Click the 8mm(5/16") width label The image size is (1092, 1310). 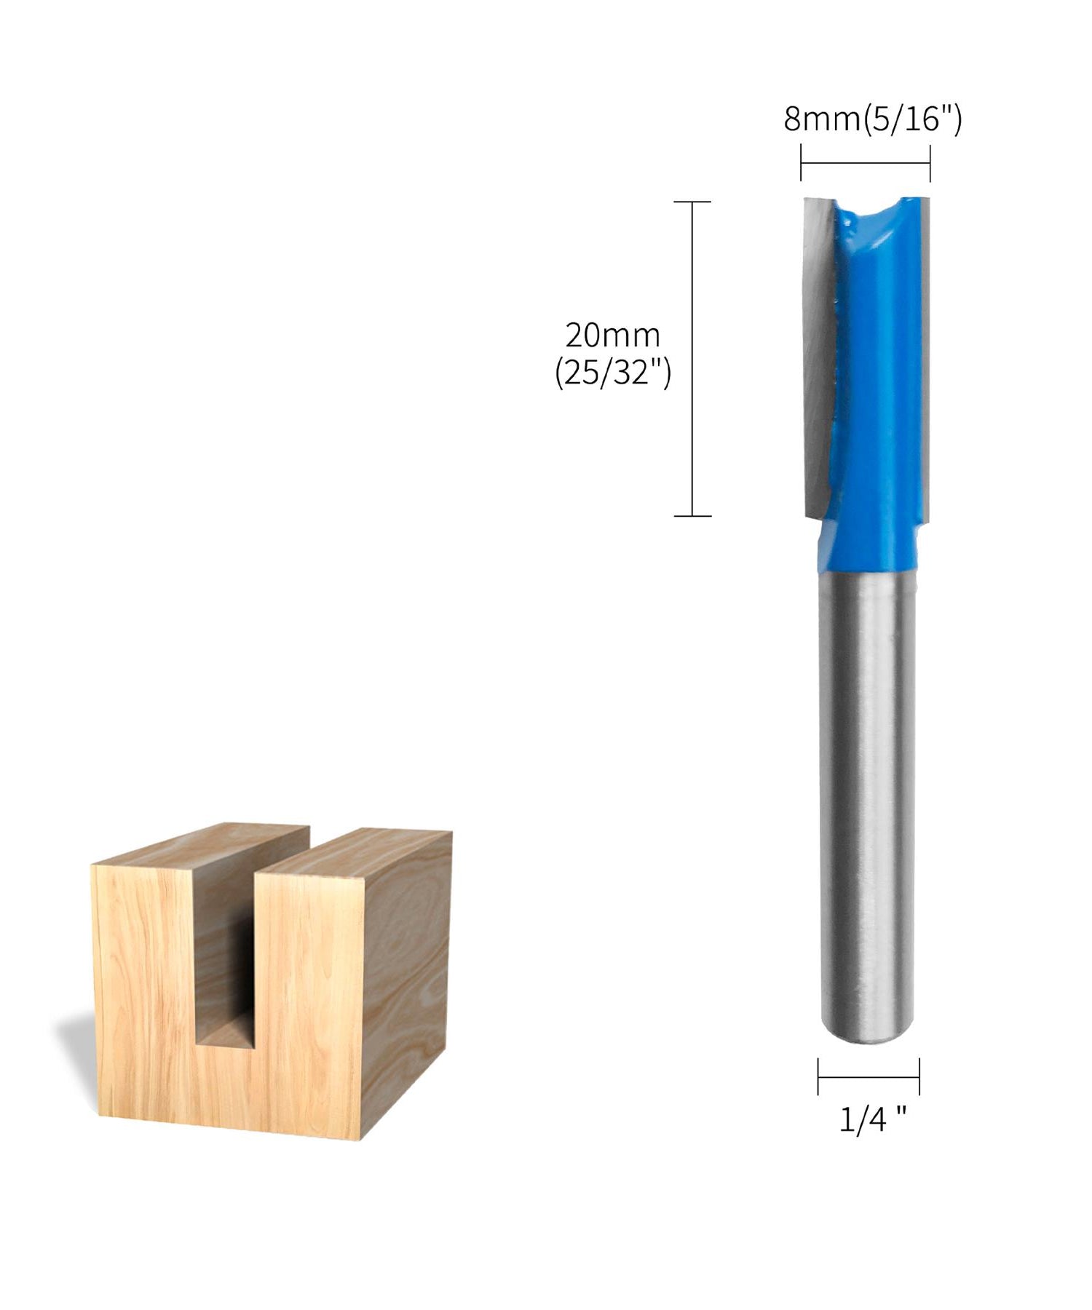(872, 119)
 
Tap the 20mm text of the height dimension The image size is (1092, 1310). (612, 336)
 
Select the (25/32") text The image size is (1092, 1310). (612, 373)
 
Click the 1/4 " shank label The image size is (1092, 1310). (872, 1119)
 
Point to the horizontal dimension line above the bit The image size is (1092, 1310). (865, 163)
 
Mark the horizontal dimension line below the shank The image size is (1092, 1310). (868, 1076)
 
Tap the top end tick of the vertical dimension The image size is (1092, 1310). (692, 202)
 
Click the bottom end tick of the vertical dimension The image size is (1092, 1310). (692, 516)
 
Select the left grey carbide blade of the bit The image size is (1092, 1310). (818, 349)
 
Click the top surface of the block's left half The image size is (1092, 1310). (204, 844)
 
